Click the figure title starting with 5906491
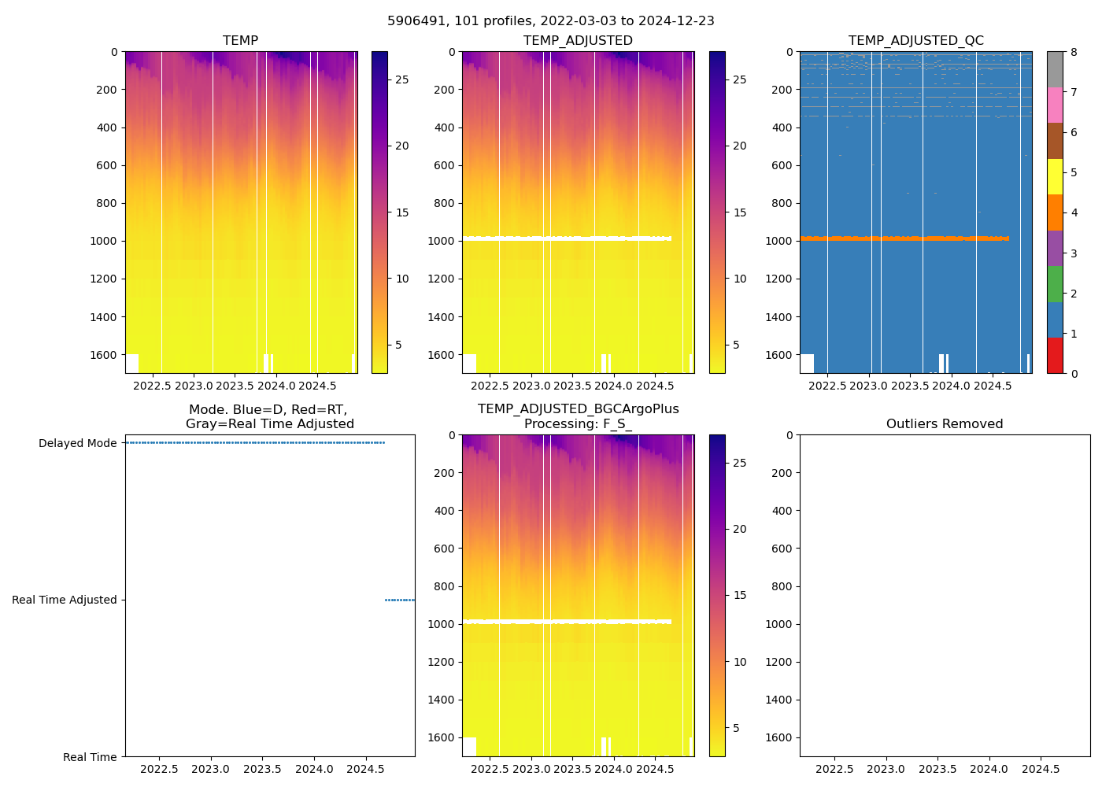click(x=550, y=21)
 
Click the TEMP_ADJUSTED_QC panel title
click(x=915, y=41)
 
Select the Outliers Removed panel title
click(x=944, y=424)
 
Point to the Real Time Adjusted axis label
click(x=64, y=600)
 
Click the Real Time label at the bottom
click(x=90, y=757)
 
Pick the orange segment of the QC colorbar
click(x=1055, y=212)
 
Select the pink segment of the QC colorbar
click(x=1055, y=105)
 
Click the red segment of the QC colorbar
click(x=1055, y=355)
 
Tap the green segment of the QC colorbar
click(x=1055, y=284)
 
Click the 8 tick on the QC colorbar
click(x=1074, y=52)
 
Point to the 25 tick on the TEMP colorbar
click(x=401, y=79)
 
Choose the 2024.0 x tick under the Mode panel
click(x=314, y=769)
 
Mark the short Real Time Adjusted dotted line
click(x=399, y=600)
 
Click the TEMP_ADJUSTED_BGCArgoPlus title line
click(x=578, y=409)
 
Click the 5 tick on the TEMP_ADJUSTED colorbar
click(x=736, y=345)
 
